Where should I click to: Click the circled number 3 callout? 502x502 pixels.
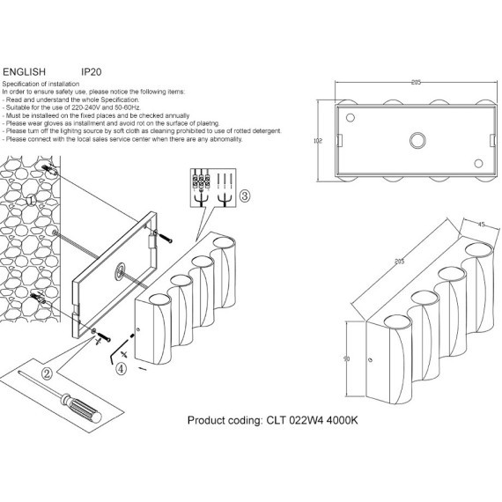click(245, 195)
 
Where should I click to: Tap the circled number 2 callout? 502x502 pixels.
click(44, 373)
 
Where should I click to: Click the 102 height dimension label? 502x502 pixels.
click(318, 140)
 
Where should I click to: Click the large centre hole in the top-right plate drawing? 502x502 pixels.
click(416, 139)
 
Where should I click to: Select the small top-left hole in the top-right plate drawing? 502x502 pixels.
click(350, 117)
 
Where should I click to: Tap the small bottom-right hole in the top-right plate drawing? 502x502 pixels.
click(478, 162)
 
